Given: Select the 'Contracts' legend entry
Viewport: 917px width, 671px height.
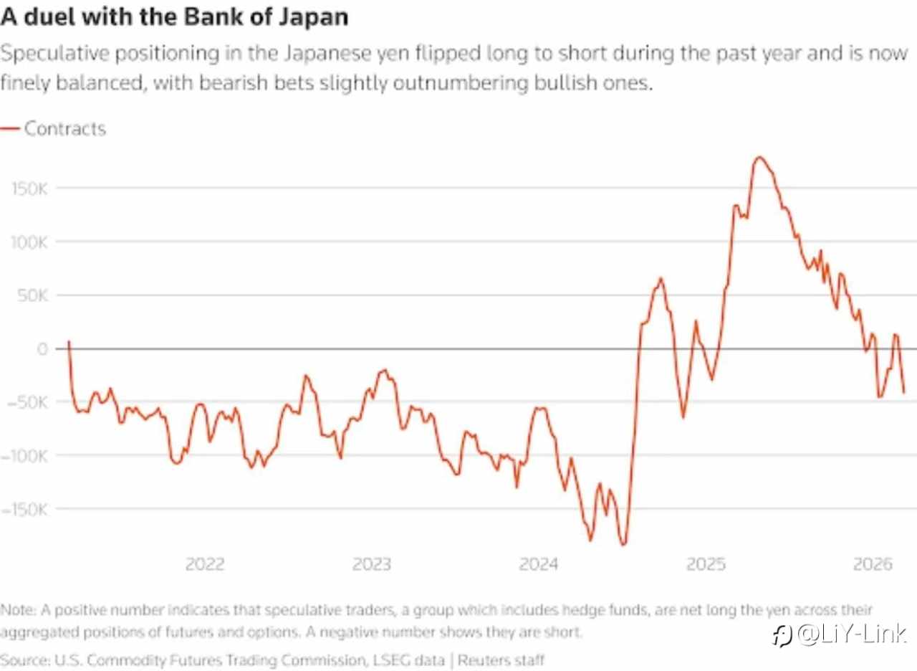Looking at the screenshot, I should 64,129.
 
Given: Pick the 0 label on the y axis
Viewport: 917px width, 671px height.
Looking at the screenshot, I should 42,348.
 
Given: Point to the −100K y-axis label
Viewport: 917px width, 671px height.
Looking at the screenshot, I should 24,456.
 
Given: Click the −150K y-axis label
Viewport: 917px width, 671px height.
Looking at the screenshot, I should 24,509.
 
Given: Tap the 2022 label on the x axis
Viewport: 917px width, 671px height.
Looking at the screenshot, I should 204,564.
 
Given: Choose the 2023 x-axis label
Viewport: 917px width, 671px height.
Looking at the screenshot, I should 372,564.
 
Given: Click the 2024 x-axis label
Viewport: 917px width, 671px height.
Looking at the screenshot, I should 539,564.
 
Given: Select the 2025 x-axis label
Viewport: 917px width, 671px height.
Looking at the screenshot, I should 706,564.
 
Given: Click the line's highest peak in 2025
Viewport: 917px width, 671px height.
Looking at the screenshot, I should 759,157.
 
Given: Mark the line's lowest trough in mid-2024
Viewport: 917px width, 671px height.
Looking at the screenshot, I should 623,545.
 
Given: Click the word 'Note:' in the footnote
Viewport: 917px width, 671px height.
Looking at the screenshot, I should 19,611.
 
